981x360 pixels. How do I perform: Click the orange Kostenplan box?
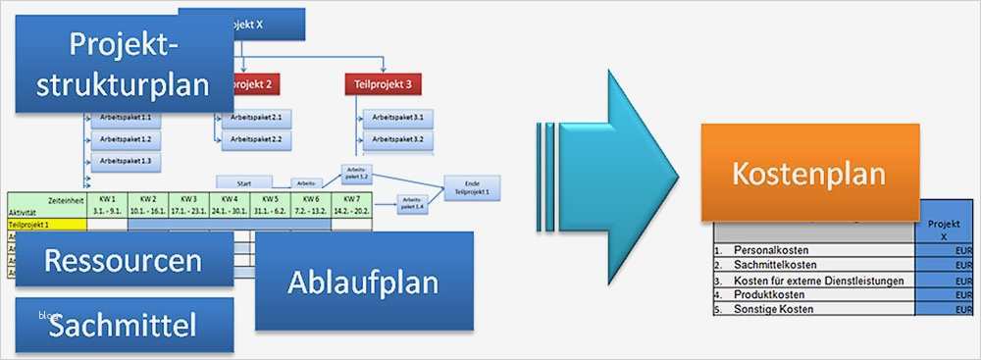point(808,174)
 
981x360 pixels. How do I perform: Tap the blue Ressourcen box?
point(123,261)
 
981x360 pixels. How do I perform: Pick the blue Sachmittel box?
point(124,325)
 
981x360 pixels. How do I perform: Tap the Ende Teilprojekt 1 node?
point(472,186)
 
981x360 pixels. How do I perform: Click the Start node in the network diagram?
point(244,182)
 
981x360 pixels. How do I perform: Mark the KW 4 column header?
point(231,204)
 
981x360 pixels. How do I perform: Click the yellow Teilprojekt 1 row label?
point(46,225)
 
